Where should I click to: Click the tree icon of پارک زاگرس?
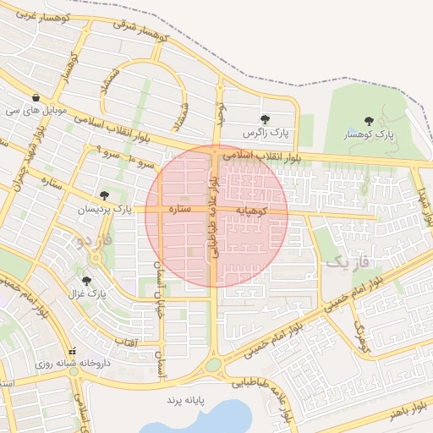266,120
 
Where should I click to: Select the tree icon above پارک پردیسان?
105,195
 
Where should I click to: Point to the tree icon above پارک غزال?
86,281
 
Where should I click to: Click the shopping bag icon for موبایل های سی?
35,97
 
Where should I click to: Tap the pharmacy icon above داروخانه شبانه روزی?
73,350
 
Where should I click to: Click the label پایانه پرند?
186,397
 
